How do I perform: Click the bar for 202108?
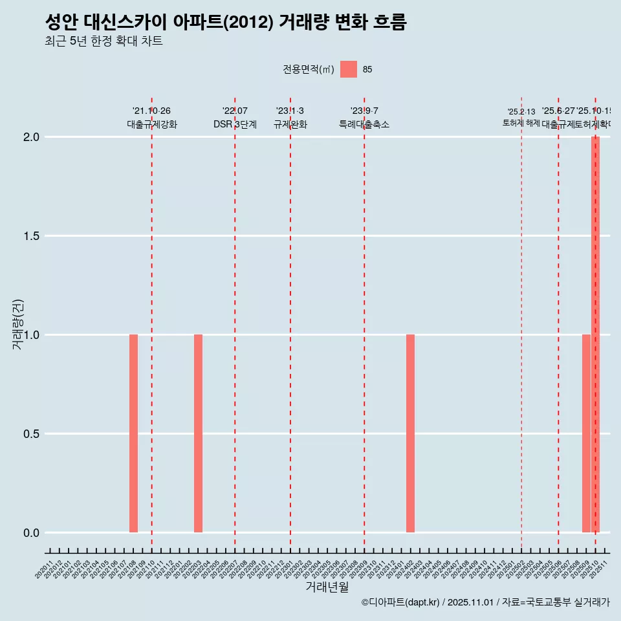tap(133, 433)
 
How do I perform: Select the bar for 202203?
tap(198, 433)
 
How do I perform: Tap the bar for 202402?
tap(410, 433)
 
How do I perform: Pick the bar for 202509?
tap(586, 433)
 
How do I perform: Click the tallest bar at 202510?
tap(595, 334)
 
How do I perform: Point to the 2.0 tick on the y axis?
tap(32, 137)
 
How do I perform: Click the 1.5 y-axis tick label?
tap(32, 236)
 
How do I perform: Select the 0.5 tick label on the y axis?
tap(32, 434)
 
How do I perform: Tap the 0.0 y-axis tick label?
tap(32, 533)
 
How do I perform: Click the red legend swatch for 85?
tap(349, 69)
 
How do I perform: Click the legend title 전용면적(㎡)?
tap(308, 69)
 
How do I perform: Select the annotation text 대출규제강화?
tap(151, 124)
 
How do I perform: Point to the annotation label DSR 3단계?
tap(235, 124)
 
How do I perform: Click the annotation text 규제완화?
tap(290, 124)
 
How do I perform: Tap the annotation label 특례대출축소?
tap(364, 124)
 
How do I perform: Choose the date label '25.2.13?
tap(521, 111)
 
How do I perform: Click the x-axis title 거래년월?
tap(327, 587)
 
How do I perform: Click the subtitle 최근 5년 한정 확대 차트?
tap(103, 41)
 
